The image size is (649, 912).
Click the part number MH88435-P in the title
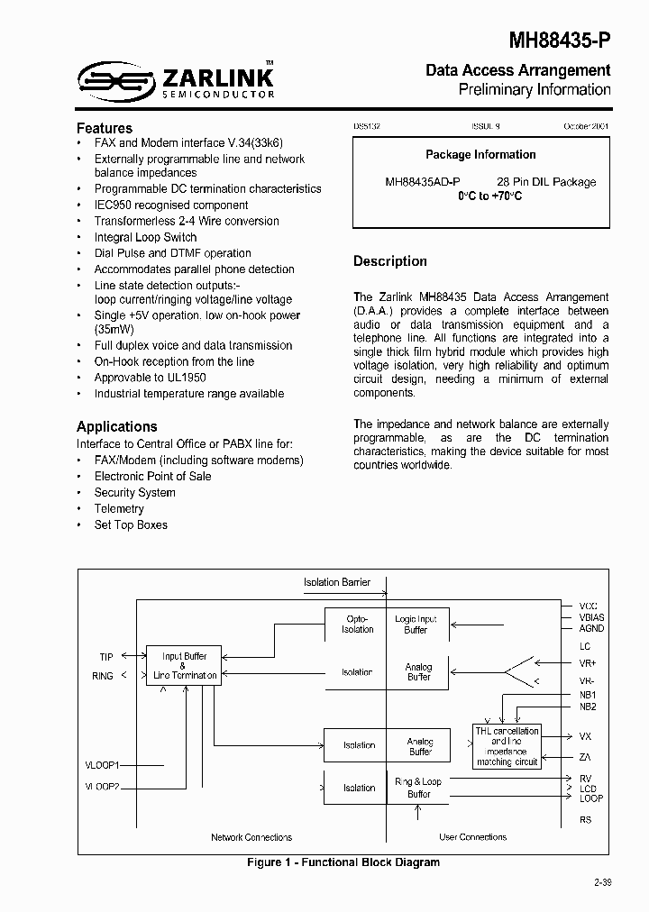pos(560,41)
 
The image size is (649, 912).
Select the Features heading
pos(105,128)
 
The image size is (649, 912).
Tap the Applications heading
pos(117,426)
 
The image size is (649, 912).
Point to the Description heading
pos(390,261)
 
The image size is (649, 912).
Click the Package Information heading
pos(480,154)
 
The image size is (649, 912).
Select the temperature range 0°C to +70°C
pos(489,196)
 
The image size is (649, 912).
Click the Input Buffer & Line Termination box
pos(185,666)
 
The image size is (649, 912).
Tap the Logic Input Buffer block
pos(416,624)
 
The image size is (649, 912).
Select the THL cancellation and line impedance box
pos(507,746)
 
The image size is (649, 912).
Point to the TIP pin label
pos(106,657)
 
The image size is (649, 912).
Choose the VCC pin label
pos(588,606)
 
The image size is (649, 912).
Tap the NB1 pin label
pos(588,695)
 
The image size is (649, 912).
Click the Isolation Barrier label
pos(337,582)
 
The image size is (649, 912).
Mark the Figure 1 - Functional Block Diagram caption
pos(343,862)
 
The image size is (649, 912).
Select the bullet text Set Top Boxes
pos(131,524)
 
